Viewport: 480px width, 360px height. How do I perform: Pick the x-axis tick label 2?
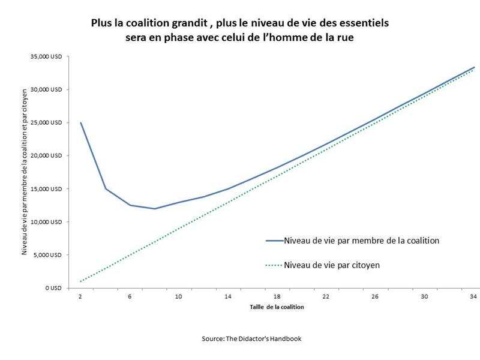pyautogui.click(x=80, y=297)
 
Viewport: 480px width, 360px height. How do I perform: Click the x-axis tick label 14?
pyautogui.click(x=227, y=297)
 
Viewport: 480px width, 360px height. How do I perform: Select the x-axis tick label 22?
pyautogui.click(x=326, y=297)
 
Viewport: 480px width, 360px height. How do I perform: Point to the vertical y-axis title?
pyautogui.click(x=25, y=173)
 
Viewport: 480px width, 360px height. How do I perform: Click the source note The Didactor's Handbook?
pyautogui.click(x=251, y=338)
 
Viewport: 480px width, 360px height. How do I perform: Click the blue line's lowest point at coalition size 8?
pyautogui.click(x=154, y=209)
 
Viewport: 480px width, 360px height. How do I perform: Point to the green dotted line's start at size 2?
pyautogui.click(x=80, y=281)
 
